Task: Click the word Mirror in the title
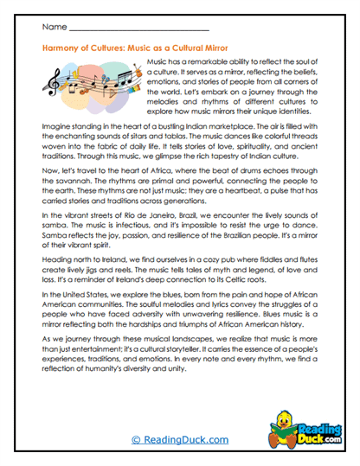[225, 49]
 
